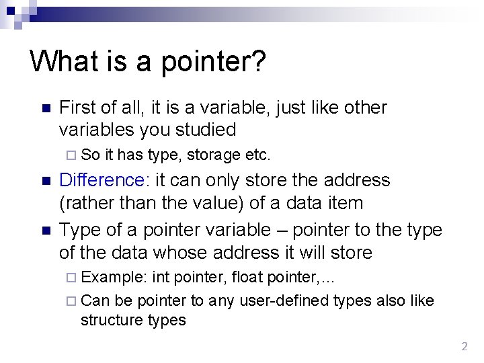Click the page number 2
(x=464, y=347)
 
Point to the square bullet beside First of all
(x=46, y=109)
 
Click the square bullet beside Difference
(x=46, y=182)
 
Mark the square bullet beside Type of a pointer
(x=46, y=231)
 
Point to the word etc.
(x=258, y=155)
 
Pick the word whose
(x=183, y=253)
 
